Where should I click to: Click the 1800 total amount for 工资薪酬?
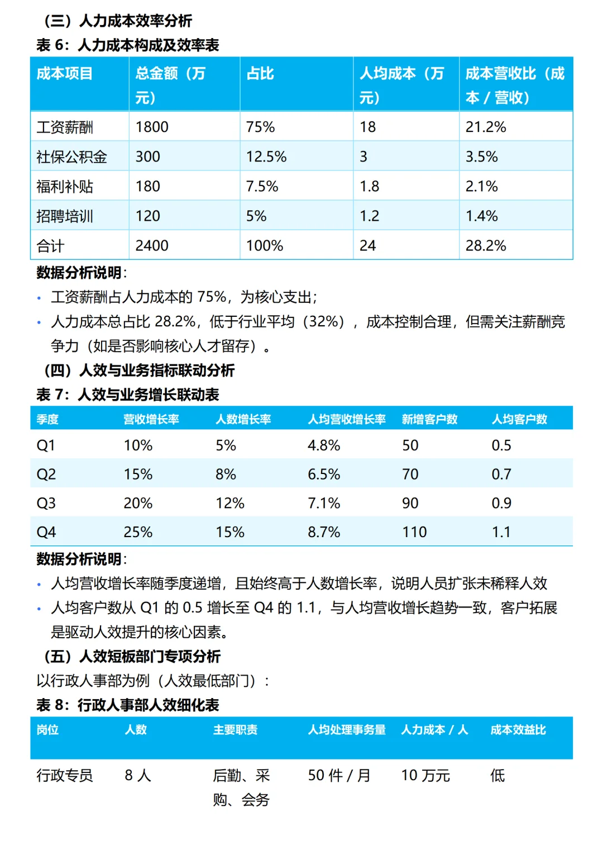click(x=152, y=127)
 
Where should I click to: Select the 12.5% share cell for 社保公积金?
click(x=266, y=156)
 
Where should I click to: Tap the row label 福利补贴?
click(x=65, y=186)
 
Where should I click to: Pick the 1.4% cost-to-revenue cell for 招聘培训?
click(x=481, y=216)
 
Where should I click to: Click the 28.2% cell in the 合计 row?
click(x=485, y=245)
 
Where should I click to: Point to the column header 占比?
click(x=260, y=73)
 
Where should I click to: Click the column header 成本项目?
click(x=65, y=73)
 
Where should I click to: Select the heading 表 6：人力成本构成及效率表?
click(x=128, y=45)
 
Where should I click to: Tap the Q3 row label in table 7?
click(x=46, y=503)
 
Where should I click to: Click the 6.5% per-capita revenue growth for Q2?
click(x=324, y=474)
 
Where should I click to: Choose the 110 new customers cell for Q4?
click(x=414, y=532)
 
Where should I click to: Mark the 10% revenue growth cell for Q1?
click(x=138, y=445)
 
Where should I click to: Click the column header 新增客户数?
click(x=429, y=419)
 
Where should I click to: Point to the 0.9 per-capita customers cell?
click(x=501, y=503)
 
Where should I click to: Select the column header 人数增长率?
click(x=243, y=419)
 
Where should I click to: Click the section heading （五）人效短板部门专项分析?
click(x=132, y=656)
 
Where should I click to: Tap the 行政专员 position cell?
click(x=65, y=775)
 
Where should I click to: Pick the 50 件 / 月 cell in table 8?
click(x=339, y=775)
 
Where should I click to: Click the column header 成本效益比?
click(x=518, y=729)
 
